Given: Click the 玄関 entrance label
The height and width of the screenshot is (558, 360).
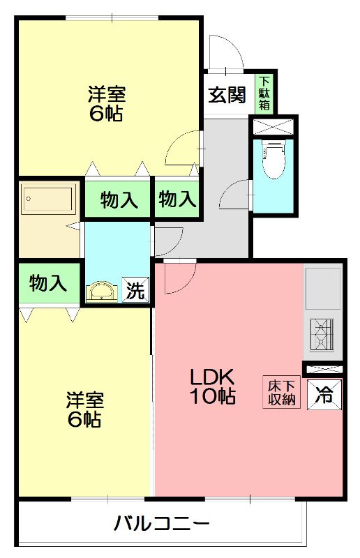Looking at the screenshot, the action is coord(227,95).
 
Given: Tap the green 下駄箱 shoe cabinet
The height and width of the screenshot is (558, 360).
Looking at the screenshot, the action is coord(264,93).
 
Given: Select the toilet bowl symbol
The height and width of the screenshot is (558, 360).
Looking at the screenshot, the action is coord(273,159).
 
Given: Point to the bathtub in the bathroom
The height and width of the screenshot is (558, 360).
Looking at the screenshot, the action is coord(50,199).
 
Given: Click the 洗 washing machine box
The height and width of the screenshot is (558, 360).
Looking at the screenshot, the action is coord(135,289).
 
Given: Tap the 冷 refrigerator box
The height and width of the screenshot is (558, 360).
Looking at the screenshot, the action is coord(324,394).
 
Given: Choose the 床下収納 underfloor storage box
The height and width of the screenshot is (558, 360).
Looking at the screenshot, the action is coord(282,392).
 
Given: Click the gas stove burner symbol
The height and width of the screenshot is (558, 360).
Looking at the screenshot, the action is coord(322,335).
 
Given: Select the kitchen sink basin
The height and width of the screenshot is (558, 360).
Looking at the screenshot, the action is coord(323,288).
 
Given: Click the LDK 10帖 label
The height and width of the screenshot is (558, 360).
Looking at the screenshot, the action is coord(213,386).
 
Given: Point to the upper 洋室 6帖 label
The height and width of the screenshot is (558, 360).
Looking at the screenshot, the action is coord(107,104).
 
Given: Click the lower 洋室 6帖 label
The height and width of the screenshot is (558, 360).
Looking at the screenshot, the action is coord(84,409).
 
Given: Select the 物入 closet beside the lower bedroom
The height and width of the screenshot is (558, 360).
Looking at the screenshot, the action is coord(49,284).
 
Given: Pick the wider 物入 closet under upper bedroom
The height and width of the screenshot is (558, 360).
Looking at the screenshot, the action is coord(118,199).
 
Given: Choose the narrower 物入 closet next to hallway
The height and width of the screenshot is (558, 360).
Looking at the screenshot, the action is coord(177,199).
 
